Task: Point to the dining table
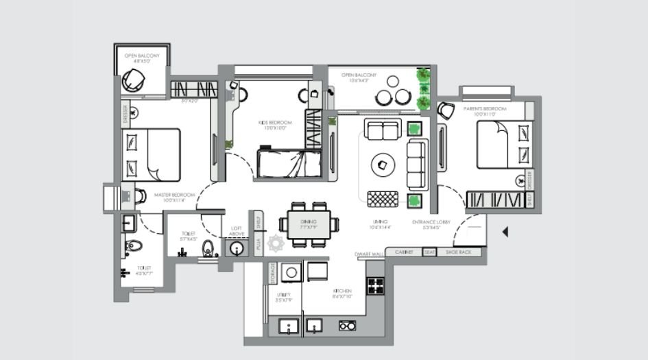tap(309, 224)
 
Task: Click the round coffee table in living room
tap(383, 165)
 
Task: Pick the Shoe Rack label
tap(459, 252)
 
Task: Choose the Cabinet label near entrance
tap(404, 252)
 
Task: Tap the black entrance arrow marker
tap(505, 232)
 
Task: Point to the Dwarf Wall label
tap(365, 254)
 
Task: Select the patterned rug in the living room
tap(383, 199)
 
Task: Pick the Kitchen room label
tap(343, 293)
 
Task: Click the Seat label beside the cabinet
tap(429, 252)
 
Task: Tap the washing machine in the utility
tap(291, 272)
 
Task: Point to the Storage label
tap(272, 273)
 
